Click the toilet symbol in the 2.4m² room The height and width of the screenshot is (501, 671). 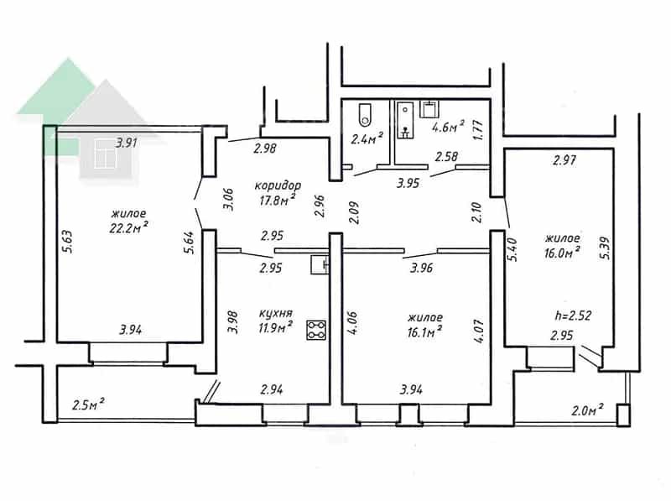365,114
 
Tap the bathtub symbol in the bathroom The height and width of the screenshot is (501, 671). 405,120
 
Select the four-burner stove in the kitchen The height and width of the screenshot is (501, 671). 316,330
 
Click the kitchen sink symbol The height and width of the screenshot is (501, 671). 320,264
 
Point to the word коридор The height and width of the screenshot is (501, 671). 278,185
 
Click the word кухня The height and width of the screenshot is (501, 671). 276,314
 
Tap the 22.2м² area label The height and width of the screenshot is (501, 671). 129,227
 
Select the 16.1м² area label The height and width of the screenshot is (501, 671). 424,331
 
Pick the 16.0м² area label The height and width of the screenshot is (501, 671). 562,252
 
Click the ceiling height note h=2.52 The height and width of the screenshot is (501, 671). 573,316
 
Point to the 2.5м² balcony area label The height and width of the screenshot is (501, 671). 89,404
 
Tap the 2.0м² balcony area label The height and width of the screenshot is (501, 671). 588,410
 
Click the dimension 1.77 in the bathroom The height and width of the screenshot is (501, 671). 478,131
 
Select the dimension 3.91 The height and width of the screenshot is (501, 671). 127,143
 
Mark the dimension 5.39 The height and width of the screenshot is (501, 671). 605,248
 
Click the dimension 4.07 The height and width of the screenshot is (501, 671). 479,330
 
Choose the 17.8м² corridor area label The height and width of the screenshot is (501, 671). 278,199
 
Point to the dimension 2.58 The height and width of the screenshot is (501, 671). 446,157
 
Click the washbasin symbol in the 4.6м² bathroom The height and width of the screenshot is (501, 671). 429,110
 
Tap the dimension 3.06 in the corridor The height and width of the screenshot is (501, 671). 229,199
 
